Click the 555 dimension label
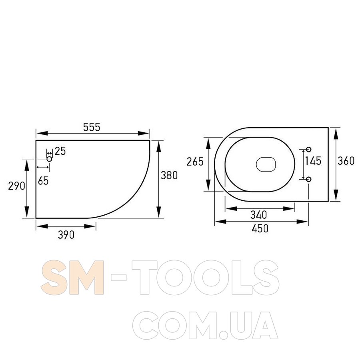pyautogui.click(x=92, y=127)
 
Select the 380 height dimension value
pyautogui.click(x=169, y=176)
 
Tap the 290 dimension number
pyautogui.click(x=16, y=186)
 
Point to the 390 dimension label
pyautogui.click(x=66, y=235)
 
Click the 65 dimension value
pyautogui.click(x=43, y=181)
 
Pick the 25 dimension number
pyautogui.click(x=60, y=151)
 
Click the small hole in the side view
pyautogui.click(x=49, y=159)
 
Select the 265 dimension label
pyautogui.click(x=195, y=162)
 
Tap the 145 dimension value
pyautogui.click(x=313, y=161)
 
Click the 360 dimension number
pyautogui.click(x=346, y=161)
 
